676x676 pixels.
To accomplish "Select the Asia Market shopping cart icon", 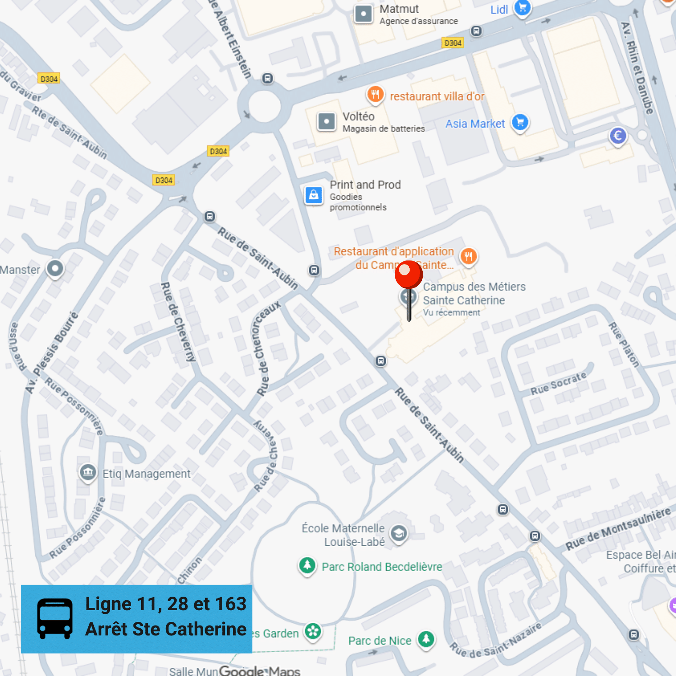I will coord(520,123).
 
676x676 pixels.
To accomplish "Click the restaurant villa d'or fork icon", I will coord(375,95).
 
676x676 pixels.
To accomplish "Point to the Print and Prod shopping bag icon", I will coord(314,195).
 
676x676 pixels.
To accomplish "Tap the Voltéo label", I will coord(358,116).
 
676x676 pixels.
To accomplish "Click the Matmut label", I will coord(399,9).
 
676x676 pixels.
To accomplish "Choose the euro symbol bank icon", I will coord(617,136).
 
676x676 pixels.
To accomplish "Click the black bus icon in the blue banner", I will coord(55,618).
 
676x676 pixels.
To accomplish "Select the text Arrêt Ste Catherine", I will coord(166,629).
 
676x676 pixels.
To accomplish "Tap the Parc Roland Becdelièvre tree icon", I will coord(307,565).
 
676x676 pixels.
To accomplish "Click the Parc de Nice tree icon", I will coord(426,639).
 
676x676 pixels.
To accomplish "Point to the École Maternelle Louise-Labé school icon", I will coord(398,534).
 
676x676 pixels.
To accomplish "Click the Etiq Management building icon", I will coord(88,473).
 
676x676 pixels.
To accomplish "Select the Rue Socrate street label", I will coord(558,384).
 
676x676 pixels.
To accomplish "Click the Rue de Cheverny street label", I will coord(178,322).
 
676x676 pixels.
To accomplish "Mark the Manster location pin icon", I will coord(55,269).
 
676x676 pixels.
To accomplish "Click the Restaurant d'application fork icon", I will coord(468,256).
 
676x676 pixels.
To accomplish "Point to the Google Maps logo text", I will coord(260,671).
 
